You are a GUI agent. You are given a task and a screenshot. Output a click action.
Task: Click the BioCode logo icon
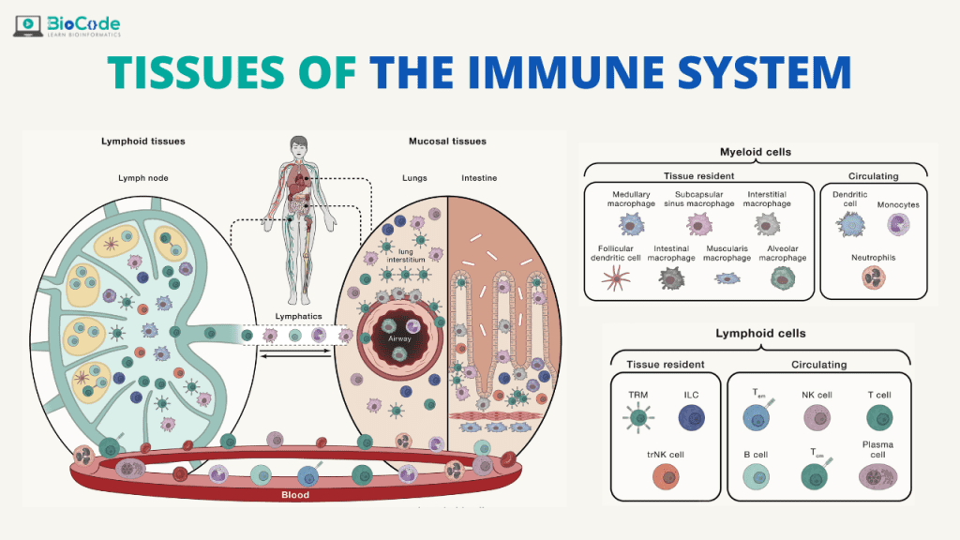tap(27, 23)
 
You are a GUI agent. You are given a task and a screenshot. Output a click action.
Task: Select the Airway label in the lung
tap(399, 337)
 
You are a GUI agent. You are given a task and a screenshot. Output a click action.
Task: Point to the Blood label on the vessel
tap(295, 494)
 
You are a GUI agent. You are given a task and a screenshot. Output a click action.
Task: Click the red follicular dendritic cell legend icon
tap(617, 277)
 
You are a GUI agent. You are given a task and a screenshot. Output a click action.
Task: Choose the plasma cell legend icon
tap(878, 476)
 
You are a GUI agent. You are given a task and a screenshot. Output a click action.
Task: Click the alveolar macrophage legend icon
tap(781, 277)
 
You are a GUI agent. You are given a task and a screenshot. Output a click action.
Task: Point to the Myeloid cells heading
tap(755, 152)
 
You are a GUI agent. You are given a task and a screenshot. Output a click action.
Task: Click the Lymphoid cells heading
tap(760, 333)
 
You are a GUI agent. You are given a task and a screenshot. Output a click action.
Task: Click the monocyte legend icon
tap(898, 225)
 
